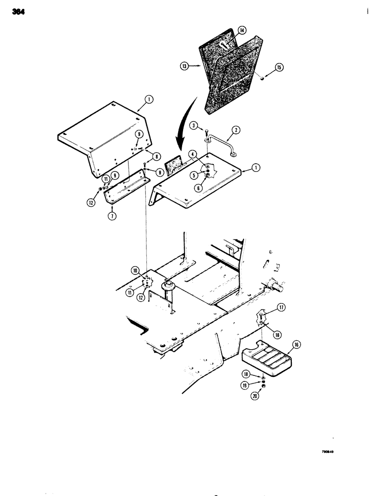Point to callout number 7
[x=112, y=217]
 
